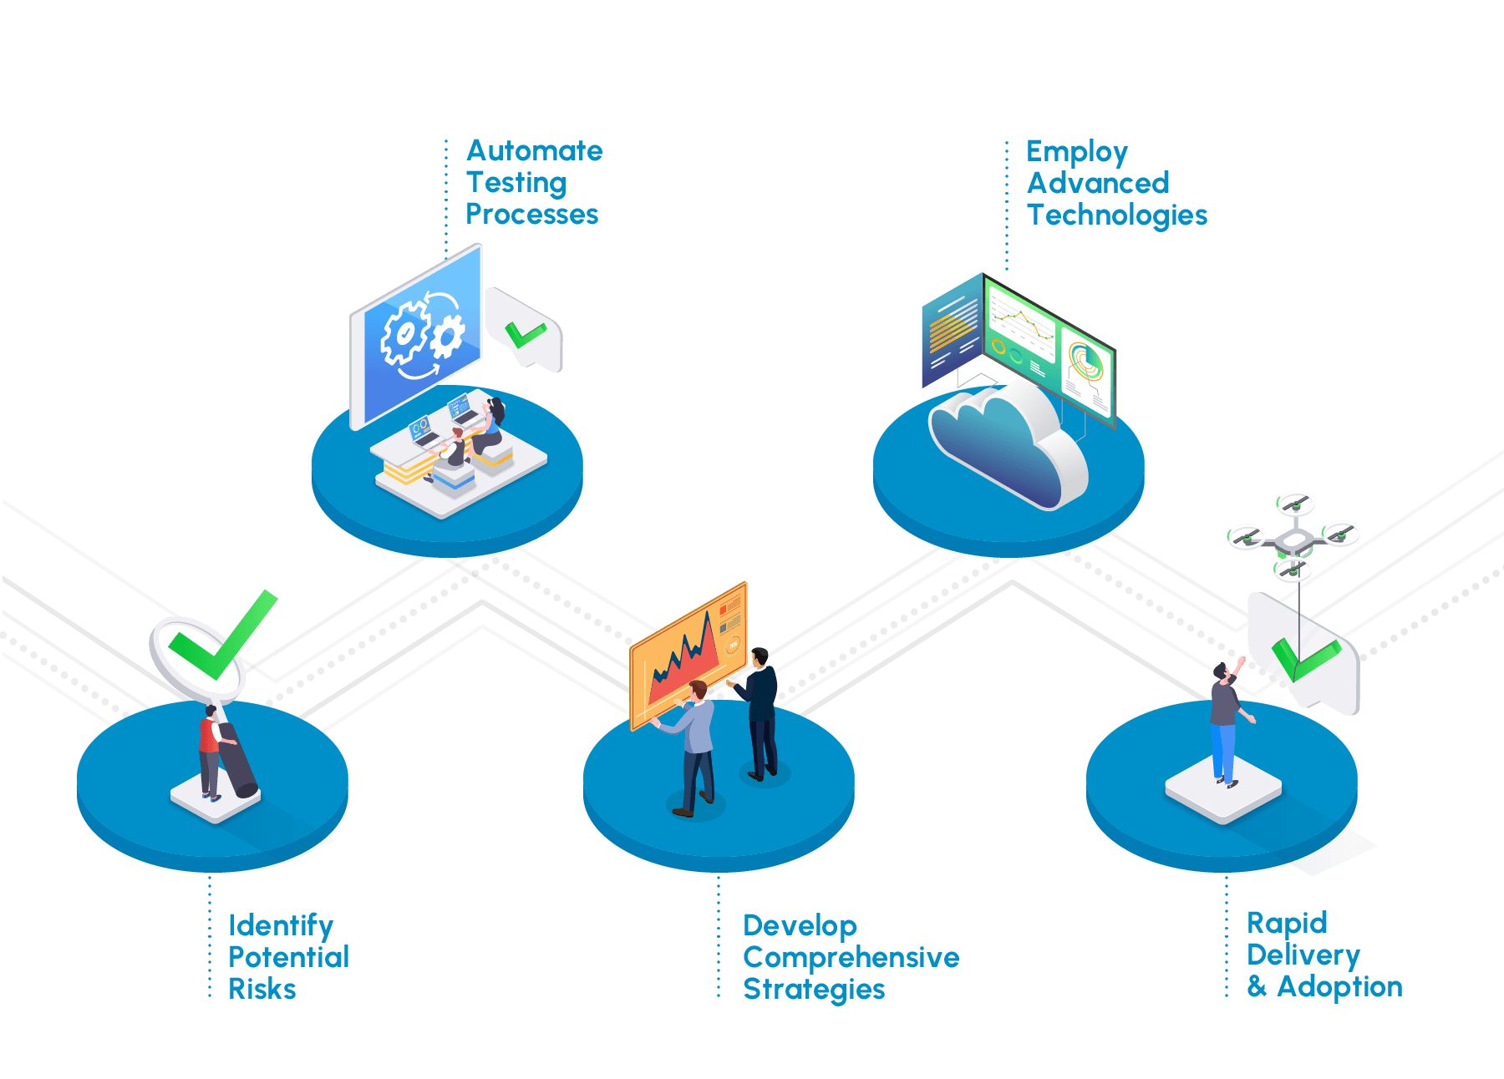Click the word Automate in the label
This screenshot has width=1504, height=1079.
[535, 151]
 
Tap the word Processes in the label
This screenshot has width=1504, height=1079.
[532, 215]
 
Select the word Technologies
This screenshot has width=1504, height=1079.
[1117, 215]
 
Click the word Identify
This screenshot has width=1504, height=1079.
[281, 925]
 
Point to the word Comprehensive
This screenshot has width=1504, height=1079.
[851, 957]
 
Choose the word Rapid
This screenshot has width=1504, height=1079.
[1287, 923]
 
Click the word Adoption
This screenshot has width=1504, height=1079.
[1339, 987]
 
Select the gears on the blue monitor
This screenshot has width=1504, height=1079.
[422, 334]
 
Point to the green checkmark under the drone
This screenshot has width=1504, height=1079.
[1303, 658]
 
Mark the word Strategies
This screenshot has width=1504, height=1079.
[814, 990]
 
